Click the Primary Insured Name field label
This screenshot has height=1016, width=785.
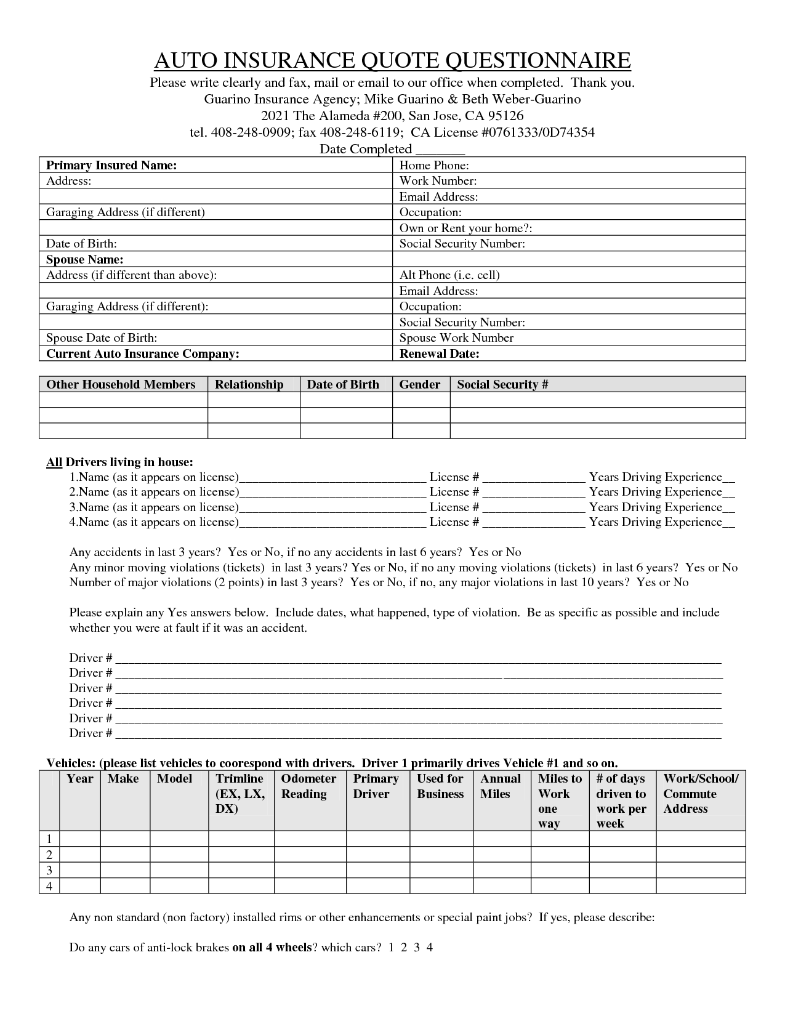(x=111, y=165)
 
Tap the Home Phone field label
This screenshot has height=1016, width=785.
(x=434, y=165)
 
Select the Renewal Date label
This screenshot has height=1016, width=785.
(x=439, y=353)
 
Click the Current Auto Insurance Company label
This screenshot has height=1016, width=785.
(x=142, y=353)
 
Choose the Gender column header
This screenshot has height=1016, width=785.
(x=420, y=384)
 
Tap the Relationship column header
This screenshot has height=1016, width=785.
(x=249, y=384)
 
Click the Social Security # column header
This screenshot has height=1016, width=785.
(x=502, y=384)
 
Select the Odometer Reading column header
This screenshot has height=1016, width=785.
(x=308, y=786)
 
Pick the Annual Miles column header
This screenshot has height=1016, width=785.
(x=500, y=786)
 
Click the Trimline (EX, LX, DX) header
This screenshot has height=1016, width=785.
(x=240, y=794)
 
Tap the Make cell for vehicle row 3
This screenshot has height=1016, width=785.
(x=125, y=870)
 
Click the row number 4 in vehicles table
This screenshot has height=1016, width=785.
(x=49, y=886)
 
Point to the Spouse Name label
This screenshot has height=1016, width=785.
(x=85, y=259)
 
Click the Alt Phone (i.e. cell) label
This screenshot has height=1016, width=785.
(x=449, y=275)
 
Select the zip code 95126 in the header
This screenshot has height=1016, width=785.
(x=505, y=116)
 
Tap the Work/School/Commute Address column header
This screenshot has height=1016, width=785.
(x=700, y=794)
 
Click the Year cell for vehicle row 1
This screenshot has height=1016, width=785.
(x=80, y=839)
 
